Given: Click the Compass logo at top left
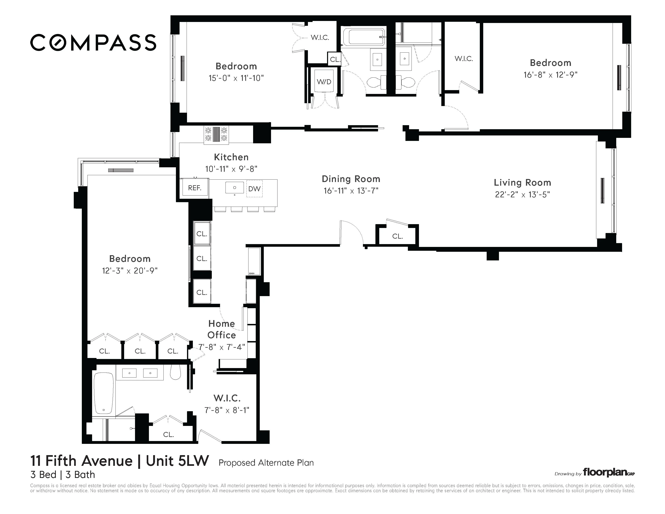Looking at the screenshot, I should pyautogui.click(x=93, y=42).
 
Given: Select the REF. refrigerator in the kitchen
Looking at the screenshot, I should pyautogui.click(x=195, y=188).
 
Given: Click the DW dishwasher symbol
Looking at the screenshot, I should pyautogui.click(x=254, y=189).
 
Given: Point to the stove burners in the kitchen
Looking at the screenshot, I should pyautogui.click(x=216, y=134).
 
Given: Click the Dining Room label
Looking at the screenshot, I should pyautogui.click(x=351, y=179).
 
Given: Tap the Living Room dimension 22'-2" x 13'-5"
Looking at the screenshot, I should pyautogui.click(x=522, y=194).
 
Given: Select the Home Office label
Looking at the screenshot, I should pyautogui.click(x=222, y=329).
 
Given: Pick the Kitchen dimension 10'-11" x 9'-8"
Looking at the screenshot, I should pyautogui.click(x=231, y=169).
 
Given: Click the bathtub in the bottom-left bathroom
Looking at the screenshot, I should pyautogui.click(x=104, y=393).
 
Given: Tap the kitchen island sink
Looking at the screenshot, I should pyautogui.click(x=234, y=188).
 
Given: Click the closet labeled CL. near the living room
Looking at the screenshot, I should pyautogui.click(x=397, y=236).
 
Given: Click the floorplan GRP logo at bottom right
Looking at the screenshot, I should pyautogui.click(x=608, y=473).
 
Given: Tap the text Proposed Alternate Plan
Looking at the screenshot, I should pyautogui.click(x=266, y=463).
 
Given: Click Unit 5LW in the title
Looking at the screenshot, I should pyautogui.click(x=178, y=461).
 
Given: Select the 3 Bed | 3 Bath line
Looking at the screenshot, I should pyautogui.click(x=62, y=475).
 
